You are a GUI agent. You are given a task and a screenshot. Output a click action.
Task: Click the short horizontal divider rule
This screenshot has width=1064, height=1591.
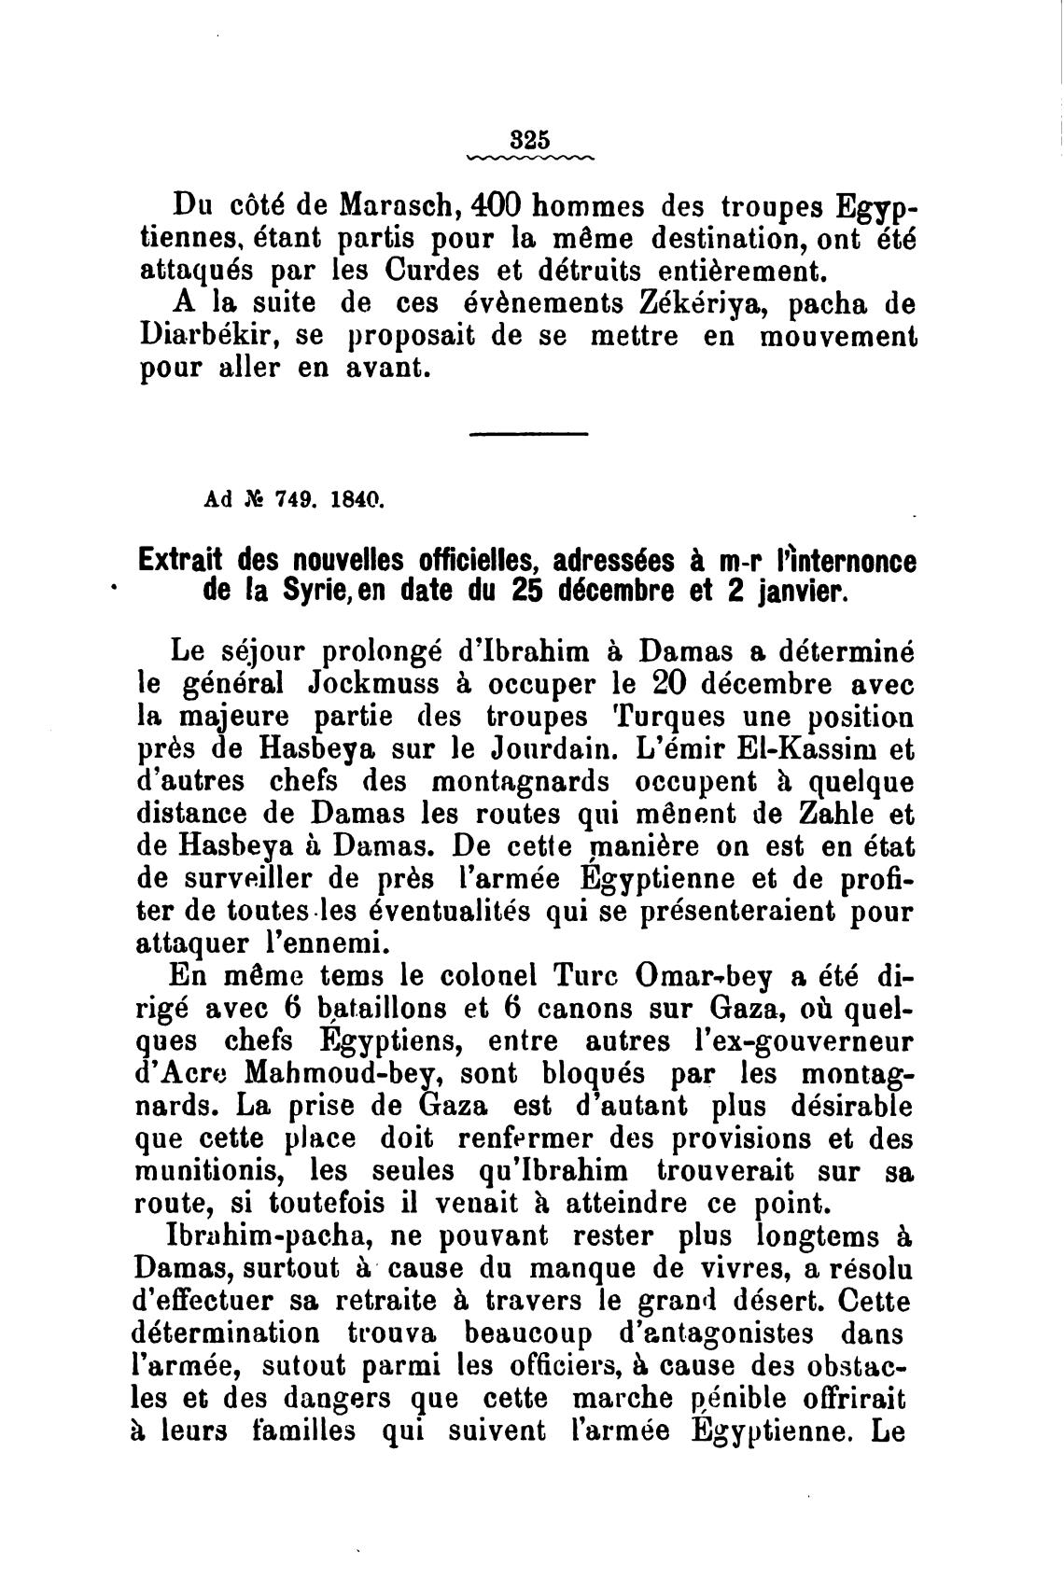(528, 434)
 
